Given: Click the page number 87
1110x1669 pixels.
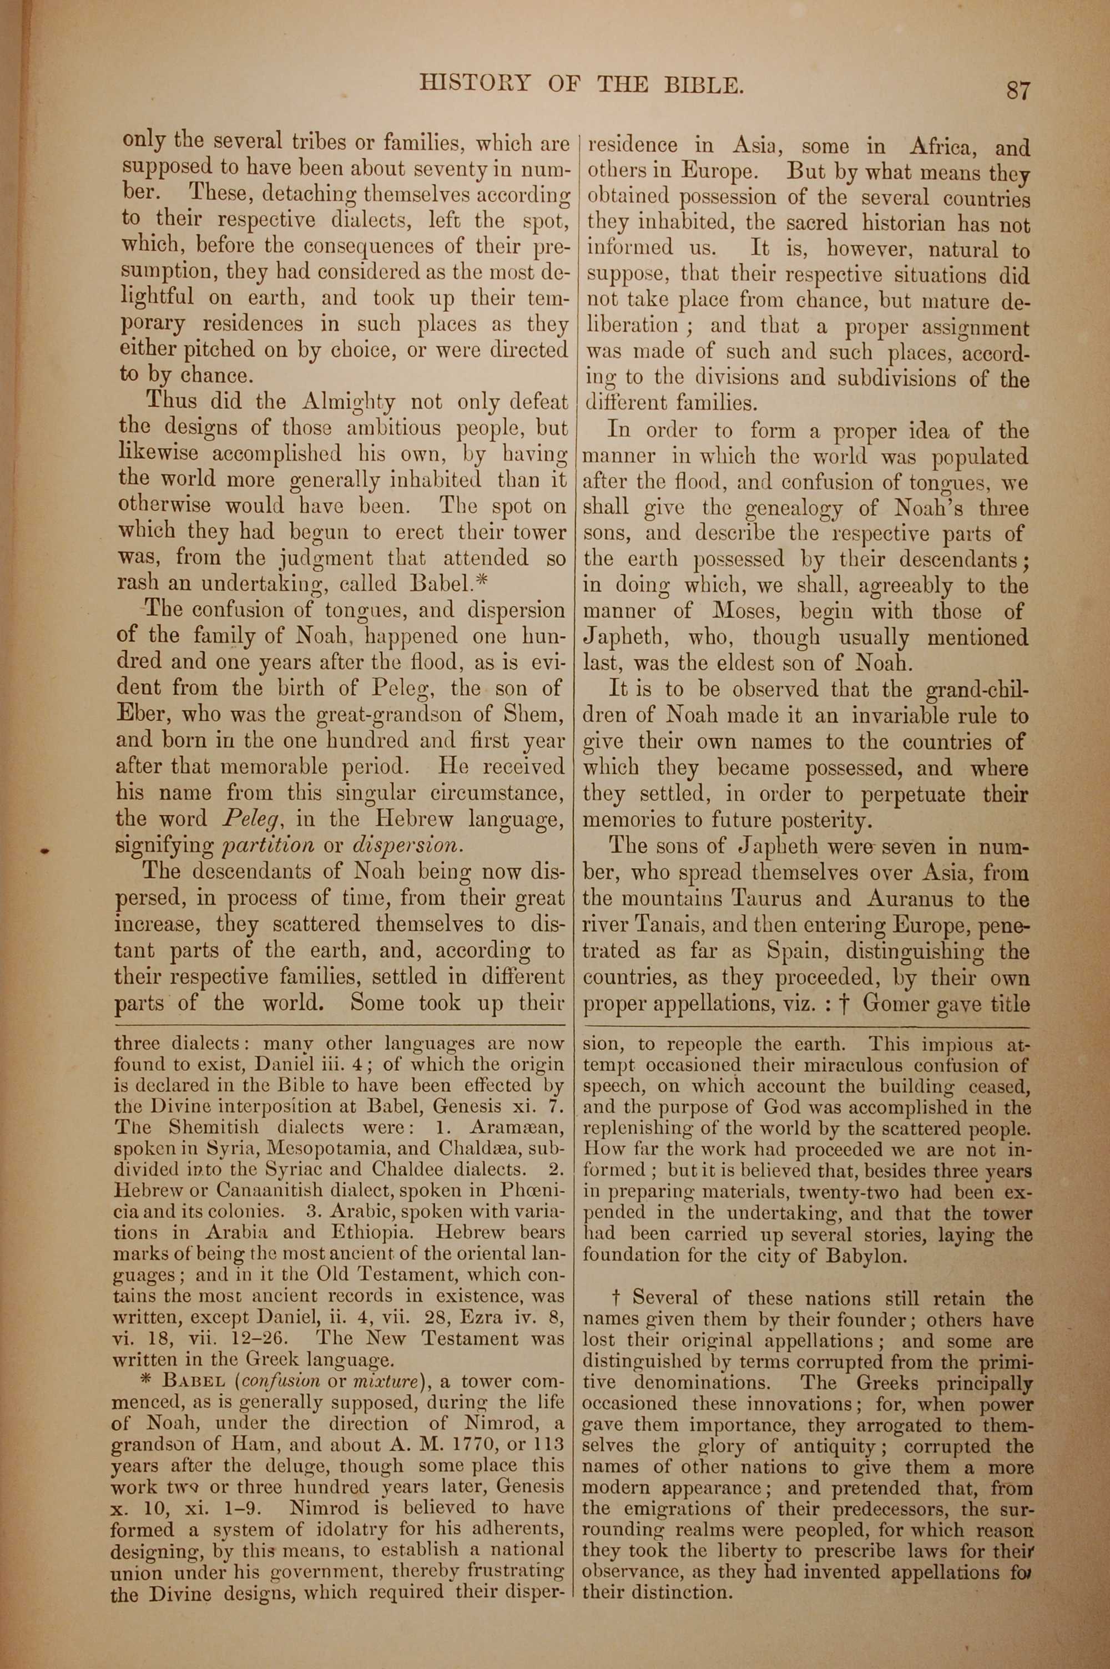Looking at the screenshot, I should click(1018, 90).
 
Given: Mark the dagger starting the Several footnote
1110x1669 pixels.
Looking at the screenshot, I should click(615, 1298).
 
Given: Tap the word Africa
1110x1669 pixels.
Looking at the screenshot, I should click(941, 147).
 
